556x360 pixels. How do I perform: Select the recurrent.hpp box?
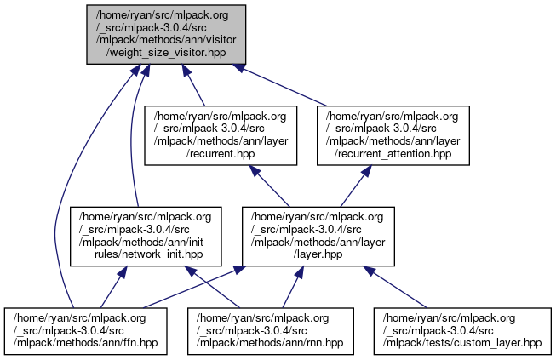[x=221, y=134]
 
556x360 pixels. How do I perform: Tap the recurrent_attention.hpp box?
[x=393, y=134]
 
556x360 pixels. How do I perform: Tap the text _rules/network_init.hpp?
[x=146, y=254]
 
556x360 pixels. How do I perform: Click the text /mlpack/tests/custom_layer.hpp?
[x=462, y=342]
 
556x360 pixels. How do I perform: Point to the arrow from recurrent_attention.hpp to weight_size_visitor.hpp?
[x=281, y=84]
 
